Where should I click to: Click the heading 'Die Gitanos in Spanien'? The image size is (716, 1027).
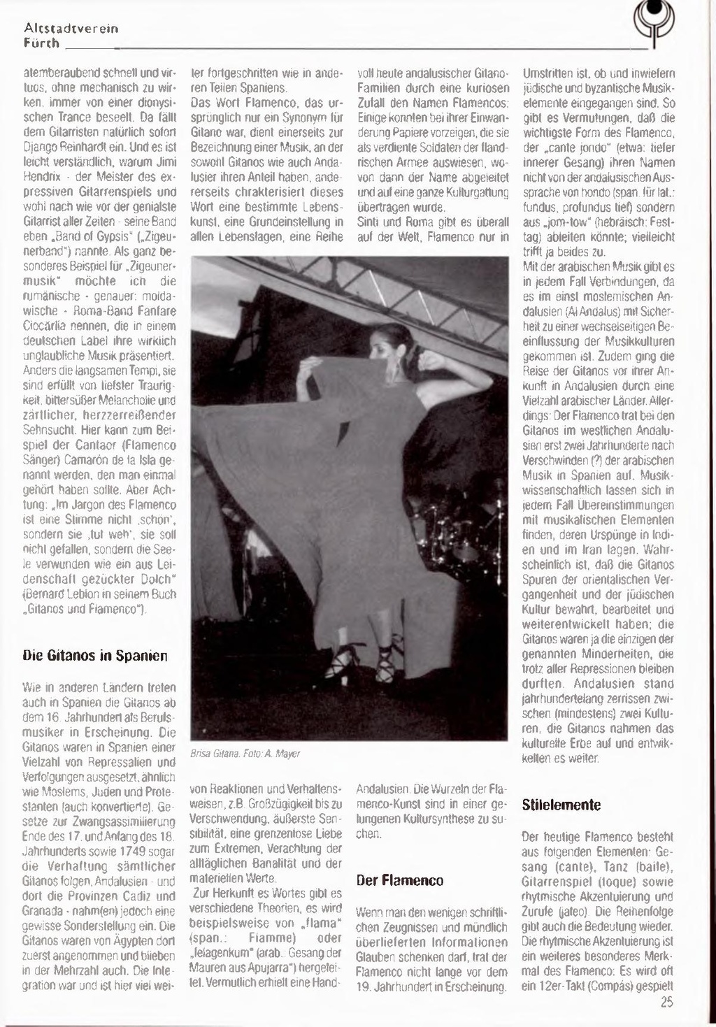click(x=94, y=656)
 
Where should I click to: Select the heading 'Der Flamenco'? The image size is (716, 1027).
click(x=399, y=880)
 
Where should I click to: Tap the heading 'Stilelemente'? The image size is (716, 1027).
click(x=561, y=805)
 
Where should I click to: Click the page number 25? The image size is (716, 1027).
click(x=666, y=1002)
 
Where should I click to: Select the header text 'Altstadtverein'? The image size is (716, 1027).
click(x=71, y=29)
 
